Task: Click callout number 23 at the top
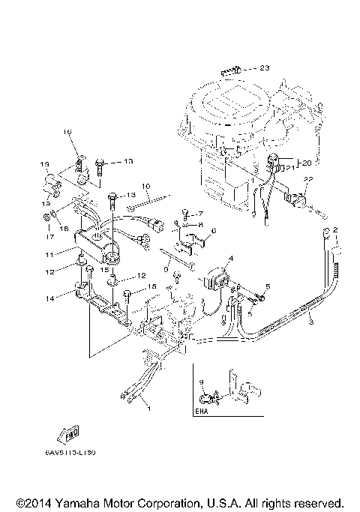tap(263, 68)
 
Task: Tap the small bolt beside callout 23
tap(231, 70)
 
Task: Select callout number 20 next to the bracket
tap(305, 161)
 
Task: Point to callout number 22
tap(307, 179)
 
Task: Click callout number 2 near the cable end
tap(336, 229)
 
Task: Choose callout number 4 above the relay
tap(231, 259)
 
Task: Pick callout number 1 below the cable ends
tap(148, 409)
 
